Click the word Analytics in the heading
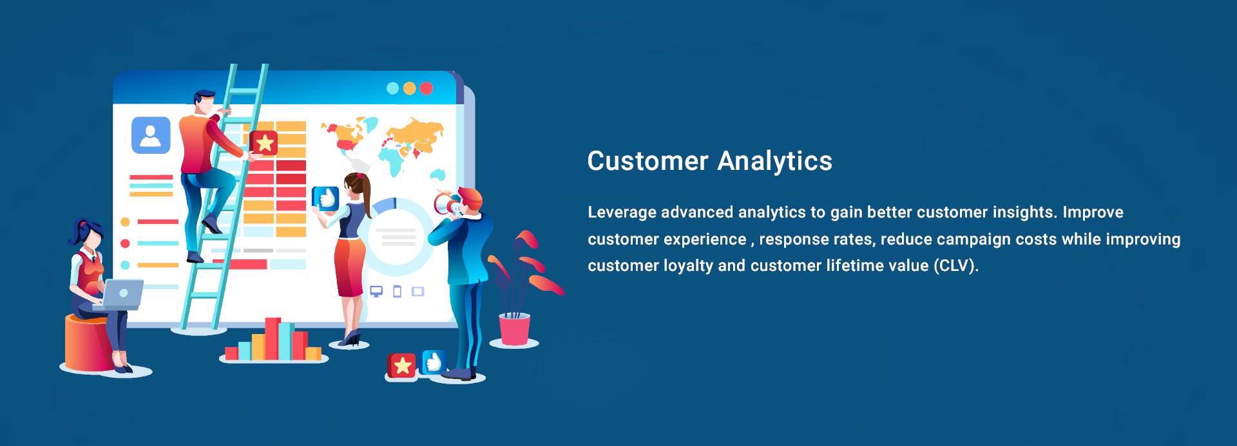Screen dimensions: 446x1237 774,161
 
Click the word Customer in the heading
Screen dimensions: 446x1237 647,161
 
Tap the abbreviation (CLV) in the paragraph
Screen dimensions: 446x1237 955,266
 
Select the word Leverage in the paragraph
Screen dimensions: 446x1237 622,212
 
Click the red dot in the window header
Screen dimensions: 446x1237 427,88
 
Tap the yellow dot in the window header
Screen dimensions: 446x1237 409,88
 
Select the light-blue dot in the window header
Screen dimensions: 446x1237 392,88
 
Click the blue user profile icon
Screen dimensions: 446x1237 151,135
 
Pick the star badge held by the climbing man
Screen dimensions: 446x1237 264,143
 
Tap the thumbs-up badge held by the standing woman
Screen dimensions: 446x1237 326,198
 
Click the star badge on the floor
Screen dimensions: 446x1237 402,366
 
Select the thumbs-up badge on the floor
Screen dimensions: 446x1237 434,362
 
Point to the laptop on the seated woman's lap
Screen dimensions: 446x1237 122,294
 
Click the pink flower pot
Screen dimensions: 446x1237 514,329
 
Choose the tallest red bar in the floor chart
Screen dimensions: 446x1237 273,339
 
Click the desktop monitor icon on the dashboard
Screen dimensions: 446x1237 376,291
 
